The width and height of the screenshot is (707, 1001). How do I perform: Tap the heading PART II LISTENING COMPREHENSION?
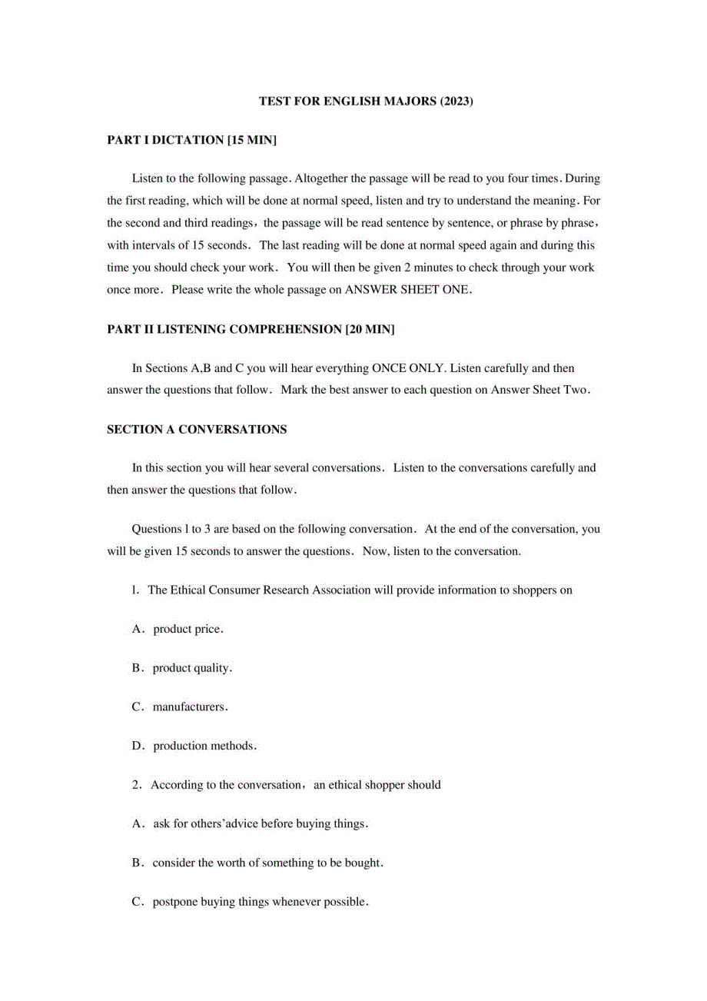(x=251, y=329)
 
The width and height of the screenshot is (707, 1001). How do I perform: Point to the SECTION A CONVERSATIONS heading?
(x=196, y=430)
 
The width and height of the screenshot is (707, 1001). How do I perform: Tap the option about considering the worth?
(x=258, y=863)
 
